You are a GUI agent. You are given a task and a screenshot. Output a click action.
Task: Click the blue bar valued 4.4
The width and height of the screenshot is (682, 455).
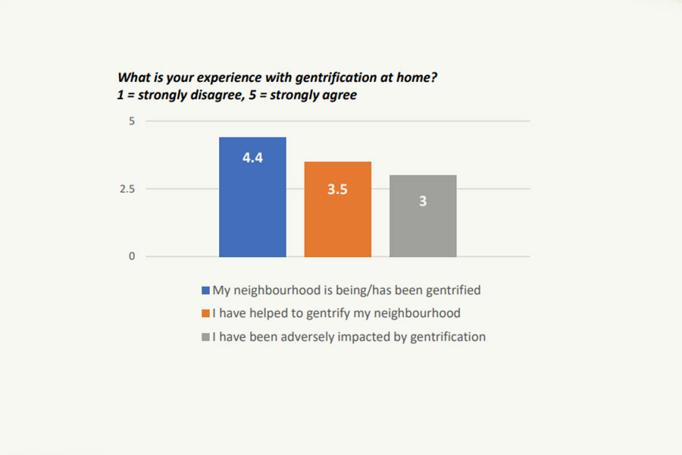(x=252, y=212)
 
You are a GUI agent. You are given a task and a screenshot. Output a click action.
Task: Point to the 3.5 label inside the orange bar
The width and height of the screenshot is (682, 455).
(x=338, y=190)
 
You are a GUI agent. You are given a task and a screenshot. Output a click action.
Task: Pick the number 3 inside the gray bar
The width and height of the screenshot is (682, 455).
(x=423, y=202)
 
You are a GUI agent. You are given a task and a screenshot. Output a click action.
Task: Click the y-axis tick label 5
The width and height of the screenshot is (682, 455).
(x=131, y=121)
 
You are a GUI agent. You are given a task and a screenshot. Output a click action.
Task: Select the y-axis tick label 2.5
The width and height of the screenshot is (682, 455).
(x=127, y=189)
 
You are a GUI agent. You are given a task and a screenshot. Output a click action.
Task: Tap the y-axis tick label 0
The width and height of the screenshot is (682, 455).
(x=131, y=256)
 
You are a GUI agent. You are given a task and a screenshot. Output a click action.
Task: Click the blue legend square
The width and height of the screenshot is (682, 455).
(x=205, y=290)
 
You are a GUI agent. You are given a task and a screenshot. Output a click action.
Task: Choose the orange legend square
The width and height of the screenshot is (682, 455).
(x=205, y=313)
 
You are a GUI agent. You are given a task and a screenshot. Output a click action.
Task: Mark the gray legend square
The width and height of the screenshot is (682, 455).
(x=205, y=337)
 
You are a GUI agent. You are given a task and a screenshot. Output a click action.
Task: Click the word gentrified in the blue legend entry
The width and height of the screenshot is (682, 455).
(x=452, y=290)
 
